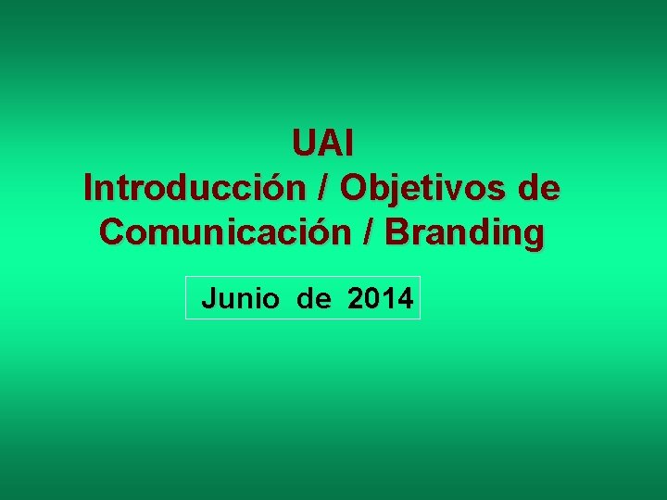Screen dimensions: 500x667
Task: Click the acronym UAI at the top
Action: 323,144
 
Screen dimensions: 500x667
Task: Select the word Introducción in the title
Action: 195,188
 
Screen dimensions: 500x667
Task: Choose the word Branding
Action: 465,232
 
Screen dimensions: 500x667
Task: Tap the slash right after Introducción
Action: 323,188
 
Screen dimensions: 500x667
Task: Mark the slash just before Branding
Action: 371,232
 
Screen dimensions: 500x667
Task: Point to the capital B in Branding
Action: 396,232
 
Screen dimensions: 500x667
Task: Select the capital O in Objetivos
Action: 353,188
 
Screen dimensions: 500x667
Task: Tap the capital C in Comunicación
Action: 111,232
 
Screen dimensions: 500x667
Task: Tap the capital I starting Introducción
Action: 87,188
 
